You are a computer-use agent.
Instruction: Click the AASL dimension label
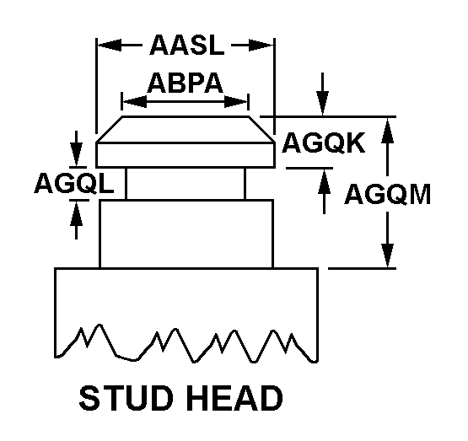coord(187,45)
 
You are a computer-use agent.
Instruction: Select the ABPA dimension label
coord(185,83)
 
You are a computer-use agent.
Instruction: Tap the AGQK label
coord(324,143)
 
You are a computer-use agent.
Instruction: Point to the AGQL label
coord(74,183)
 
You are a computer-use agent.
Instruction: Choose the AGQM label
coord(387,194)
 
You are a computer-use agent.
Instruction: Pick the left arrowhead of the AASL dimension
coord(110,46)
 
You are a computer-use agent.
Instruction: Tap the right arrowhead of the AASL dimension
coord(261,46)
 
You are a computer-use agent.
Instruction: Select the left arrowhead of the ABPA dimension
coord(135,102)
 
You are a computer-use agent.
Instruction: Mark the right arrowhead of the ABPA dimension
coord(236,102)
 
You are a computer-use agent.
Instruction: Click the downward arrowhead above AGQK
coord(323,103)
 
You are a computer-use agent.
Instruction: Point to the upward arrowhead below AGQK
coord(324,180)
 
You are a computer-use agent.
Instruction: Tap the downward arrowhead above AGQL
coord(77,154)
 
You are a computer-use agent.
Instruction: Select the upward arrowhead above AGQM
coord(387,130)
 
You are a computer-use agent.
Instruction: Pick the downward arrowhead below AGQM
coord(387,255)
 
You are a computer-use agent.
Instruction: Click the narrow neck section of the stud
coord(186,184)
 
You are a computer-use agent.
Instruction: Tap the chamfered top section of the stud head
coord(186,129)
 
